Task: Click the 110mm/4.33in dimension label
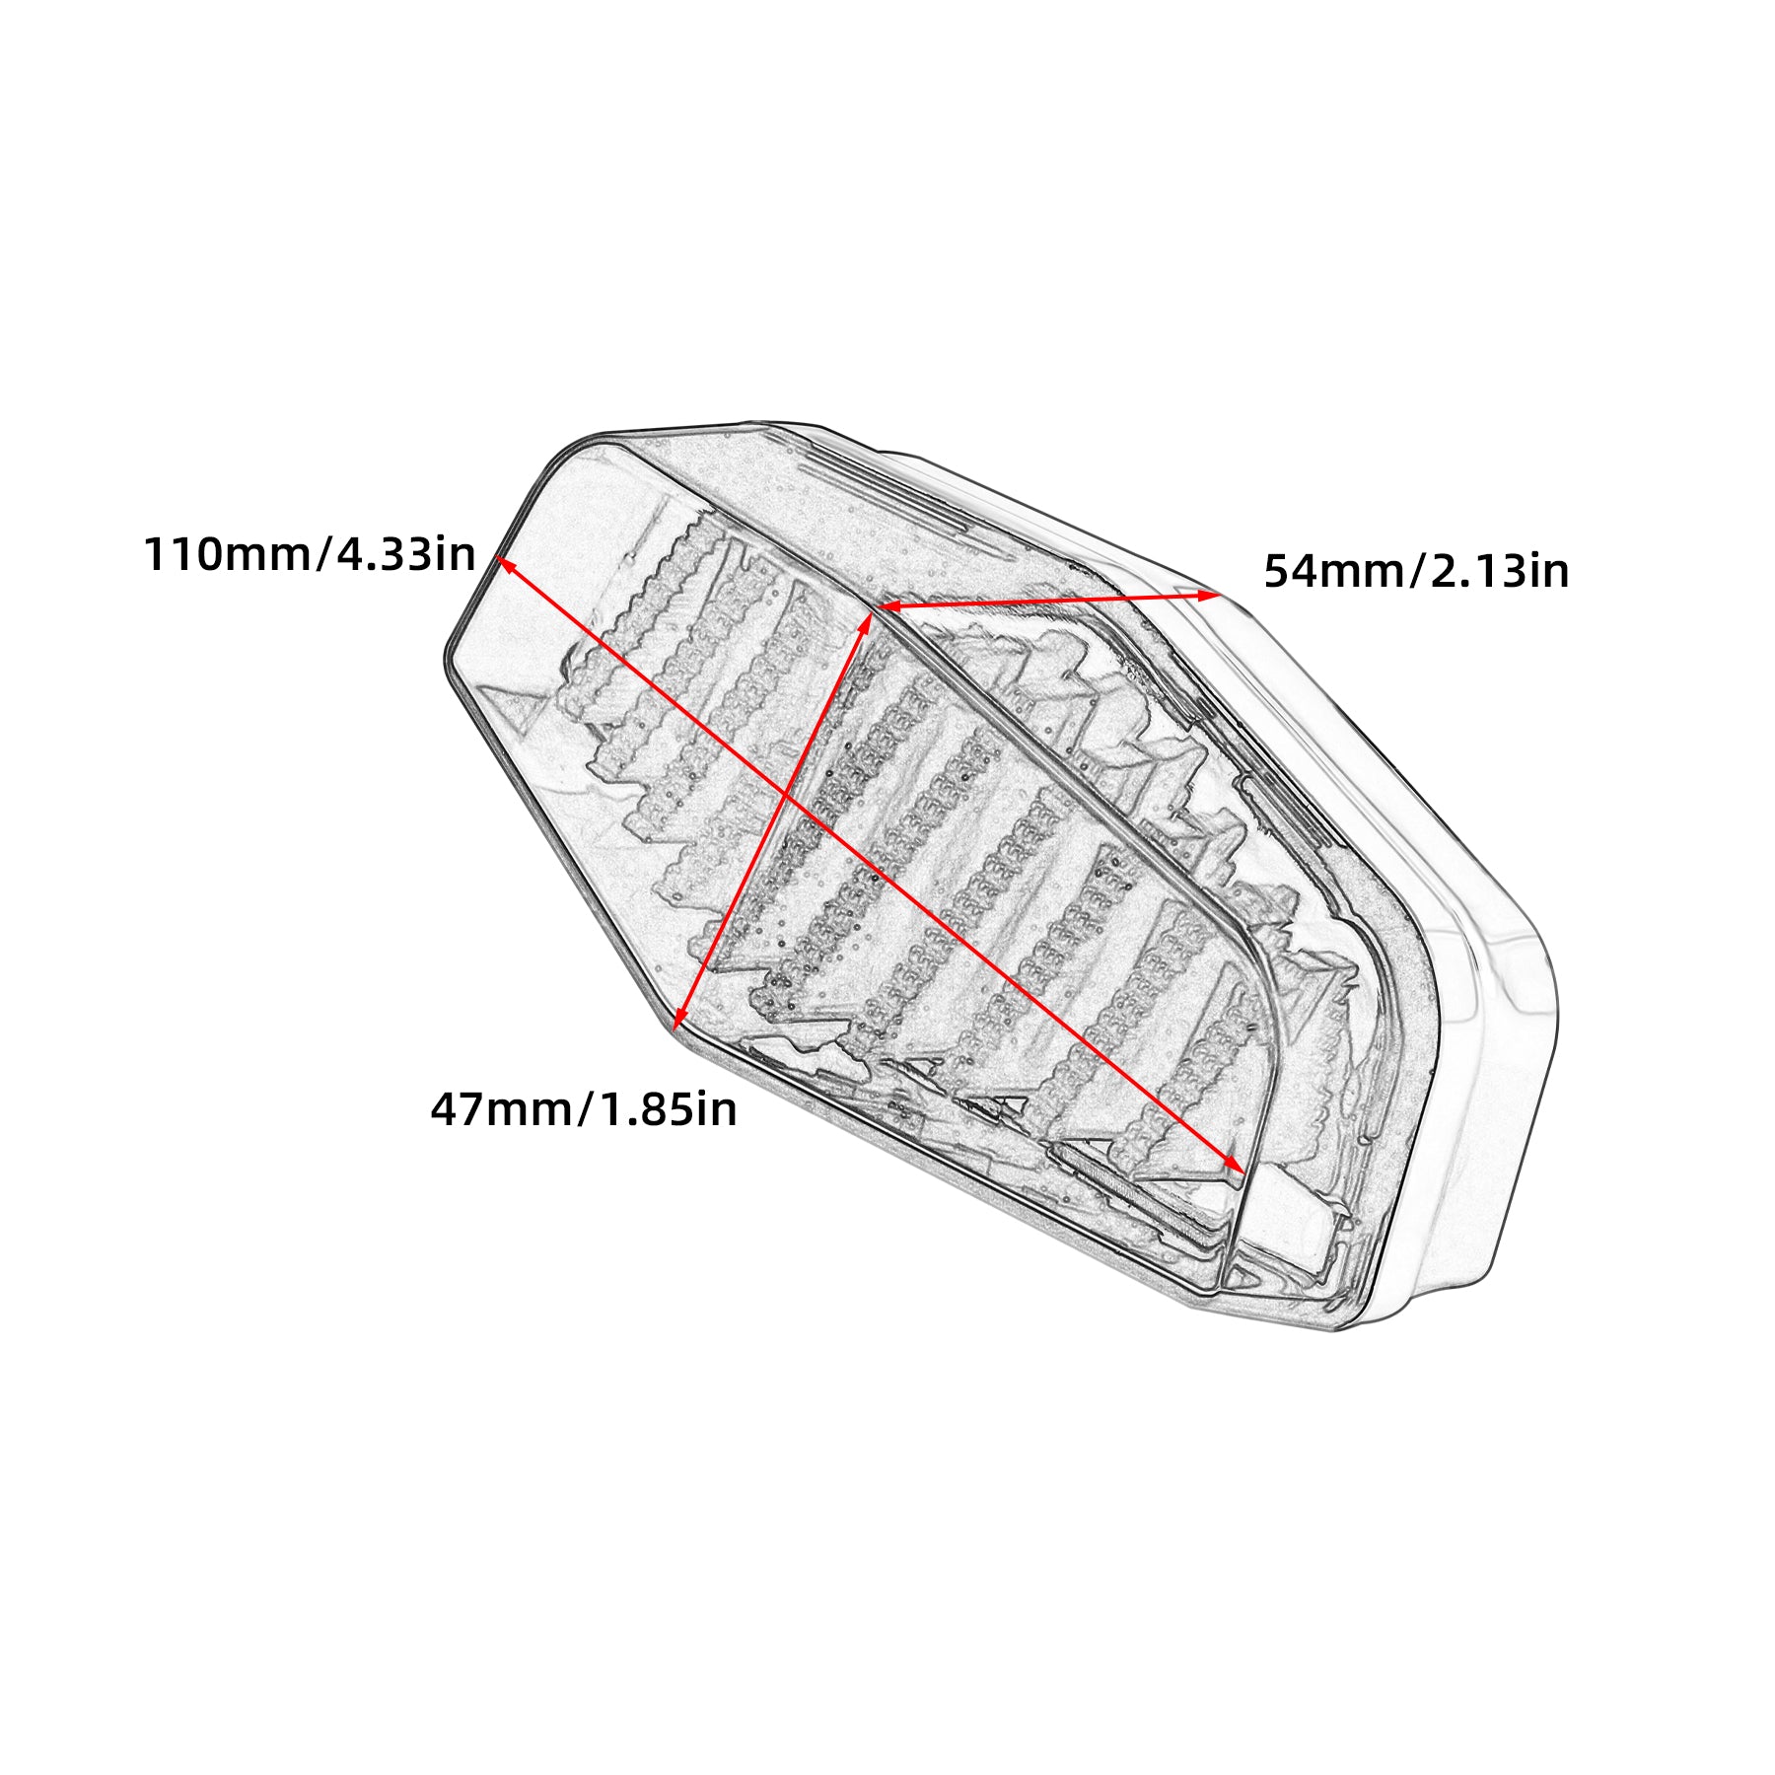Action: pyautogui.click(x=310, y=555)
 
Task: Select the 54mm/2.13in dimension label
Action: pyautogui.click(x=1416, y=571)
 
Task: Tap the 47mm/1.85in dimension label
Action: pyautogui.click(x=584, y=1109)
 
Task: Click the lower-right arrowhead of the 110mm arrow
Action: pyautogui.click(x=1234, y=1164)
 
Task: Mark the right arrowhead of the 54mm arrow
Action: pyautogui.click(x=1209, y=596)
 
